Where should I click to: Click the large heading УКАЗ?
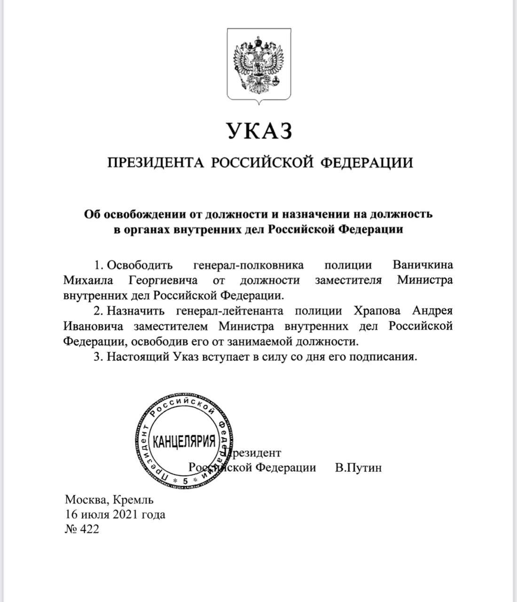[x=259, y=131]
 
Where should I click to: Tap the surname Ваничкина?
[x=423, y=265]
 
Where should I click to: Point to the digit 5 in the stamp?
[x=185, y=481]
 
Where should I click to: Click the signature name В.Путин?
[x=358, y=468]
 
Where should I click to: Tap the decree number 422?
[x=90, y=530]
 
